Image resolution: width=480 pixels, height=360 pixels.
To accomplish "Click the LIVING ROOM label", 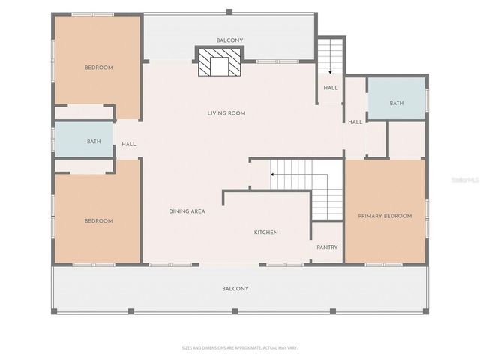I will coord(226,113).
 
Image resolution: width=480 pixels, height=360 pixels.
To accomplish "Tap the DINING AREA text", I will coord(187,211).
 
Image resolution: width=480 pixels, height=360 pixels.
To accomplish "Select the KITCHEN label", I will coord(265,232).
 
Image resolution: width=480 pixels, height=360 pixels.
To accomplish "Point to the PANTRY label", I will coord(327,247).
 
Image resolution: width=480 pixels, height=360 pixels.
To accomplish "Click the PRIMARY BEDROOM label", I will coord(385,216).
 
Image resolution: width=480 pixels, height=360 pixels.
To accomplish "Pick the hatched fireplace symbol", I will coord(220,64).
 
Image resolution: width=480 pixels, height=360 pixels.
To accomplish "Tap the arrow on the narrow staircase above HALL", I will coord(330,72).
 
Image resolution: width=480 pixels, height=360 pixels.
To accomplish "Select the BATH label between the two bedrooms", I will coord(94,142).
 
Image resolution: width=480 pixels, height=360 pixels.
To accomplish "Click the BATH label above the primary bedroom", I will coord(397,103).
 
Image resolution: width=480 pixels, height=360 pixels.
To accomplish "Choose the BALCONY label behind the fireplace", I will coord(229,40).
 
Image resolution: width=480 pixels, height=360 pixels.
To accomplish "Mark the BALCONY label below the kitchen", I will coord(235,289).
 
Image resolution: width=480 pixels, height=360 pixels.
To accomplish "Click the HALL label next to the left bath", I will coord(129,144).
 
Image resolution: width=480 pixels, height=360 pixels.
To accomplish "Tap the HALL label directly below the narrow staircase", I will coord(331,88).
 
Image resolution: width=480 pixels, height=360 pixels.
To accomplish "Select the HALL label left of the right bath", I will coord(355,122).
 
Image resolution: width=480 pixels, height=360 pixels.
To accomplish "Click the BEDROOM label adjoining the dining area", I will coord(98,221).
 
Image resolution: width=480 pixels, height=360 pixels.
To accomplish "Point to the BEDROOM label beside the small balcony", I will coord(98,67).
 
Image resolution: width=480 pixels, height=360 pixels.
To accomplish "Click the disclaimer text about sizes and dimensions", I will coord(240,347).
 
